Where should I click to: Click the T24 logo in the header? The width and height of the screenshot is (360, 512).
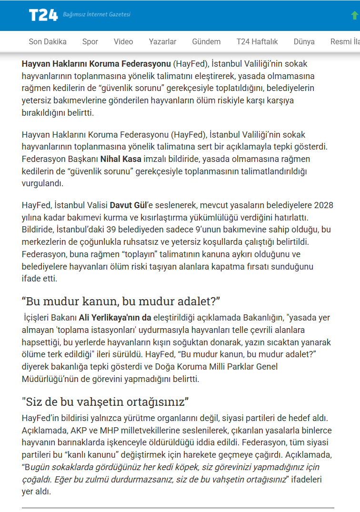[43, 15]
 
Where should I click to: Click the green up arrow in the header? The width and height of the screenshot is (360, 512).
[354, 15]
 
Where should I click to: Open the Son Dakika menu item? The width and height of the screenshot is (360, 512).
[48, 41]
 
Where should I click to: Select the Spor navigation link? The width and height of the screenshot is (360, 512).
[90, 41]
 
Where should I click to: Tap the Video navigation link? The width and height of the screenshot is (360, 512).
[123, 41]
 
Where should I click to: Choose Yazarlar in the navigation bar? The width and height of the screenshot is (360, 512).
[162, 41]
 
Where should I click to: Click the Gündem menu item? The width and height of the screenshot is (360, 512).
[206, 41]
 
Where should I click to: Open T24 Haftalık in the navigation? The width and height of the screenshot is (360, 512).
[257, 41]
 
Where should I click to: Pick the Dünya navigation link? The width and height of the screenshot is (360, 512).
[304, 41]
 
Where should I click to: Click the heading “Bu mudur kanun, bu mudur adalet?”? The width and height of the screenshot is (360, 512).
[121, 301]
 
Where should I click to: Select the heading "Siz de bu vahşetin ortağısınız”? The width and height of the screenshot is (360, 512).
[106, 401]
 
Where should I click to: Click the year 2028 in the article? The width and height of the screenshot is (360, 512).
[323, 205]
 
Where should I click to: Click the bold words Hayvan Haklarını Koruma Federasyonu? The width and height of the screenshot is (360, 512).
[96, 63]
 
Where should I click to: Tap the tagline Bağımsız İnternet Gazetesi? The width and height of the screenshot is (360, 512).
[97, 14]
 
